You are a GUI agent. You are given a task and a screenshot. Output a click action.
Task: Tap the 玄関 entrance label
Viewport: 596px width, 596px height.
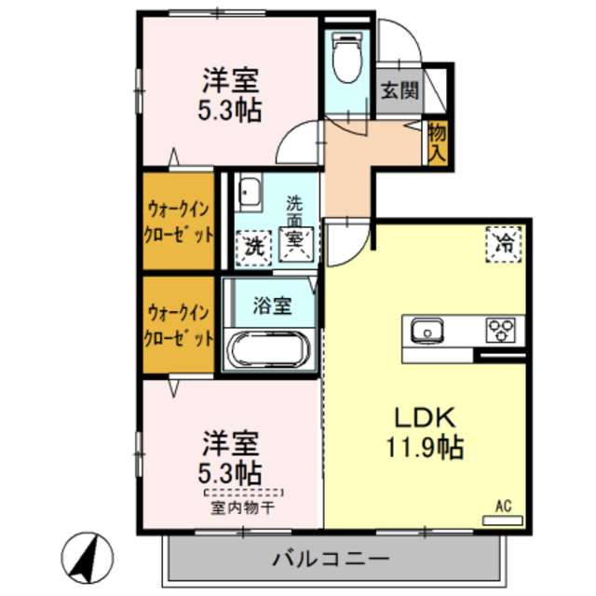click(x=400, y=92)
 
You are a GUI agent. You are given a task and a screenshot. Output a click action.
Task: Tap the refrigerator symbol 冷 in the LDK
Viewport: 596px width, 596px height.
click(x=503, y=245)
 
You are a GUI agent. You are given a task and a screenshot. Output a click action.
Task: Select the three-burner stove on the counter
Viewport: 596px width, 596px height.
click(x=500, y=330)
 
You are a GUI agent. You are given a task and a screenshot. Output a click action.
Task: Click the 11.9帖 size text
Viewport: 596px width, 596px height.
click(x=426, y=448)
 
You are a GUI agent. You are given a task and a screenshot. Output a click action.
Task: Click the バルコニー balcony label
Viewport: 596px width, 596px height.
click(x=332, y=559)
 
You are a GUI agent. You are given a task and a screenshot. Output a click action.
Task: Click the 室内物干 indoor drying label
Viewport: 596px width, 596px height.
click(x=242, y=508)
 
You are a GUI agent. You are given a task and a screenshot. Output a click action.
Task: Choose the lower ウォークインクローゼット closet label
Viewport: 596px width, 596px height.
click(x=179, y=323)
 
